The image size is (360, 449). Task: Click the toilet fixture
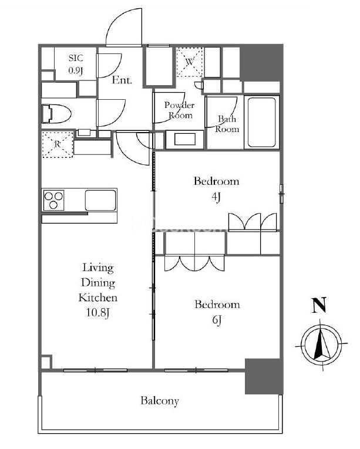coord(56,114)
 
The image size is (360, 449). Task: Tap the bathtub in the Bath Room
coord(262,122)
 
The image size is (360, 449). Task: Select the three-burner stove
coord(53,200)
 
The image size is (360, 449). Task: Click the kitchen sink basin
coord(100,200)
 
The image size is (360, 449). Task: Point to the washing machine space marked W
coord(189,62)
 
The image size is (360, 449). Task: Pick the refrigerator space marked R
coord(58,144)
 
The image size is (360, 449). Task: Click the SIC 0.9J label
coord(76,64)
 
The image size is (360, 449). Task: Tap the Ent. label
coord(122,80)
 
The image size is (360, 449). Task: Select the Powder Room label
coord(180,110)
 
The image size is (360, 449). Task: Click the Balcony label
coord(160,401)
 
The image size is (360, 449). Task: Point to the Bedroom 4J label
coord(216,189)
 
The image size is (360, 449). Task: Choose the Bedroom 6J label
coord(217,312)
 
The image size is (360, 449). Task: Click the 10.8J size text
coord(97,312)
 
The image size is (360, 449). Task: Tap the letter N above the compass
coord(319,305)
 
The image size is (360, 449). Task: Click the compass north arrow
coord(319,342)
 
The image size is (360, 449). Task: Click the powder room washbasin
coord(184,140)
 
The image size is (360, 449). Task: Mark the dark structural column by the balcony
coord(264,376)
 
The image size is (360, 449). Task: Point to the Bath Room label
coord(227,124)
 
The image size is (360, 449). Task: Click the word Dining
coord(98,283)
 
